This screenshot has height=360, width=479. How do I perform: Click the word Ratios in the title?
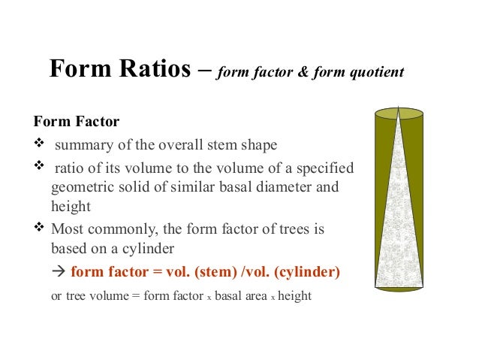coord(153,70)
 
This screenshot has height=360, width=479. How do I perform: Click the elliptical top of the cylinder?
coord(399,114)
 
